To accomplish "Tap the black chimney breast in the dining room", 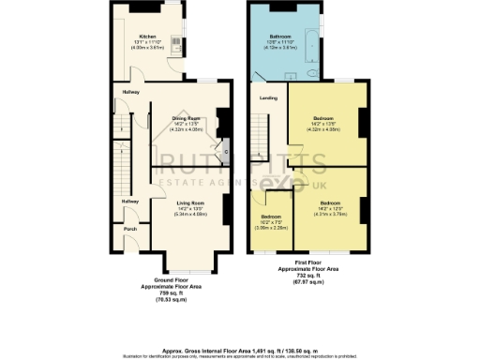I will click(x=223, y=121).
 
